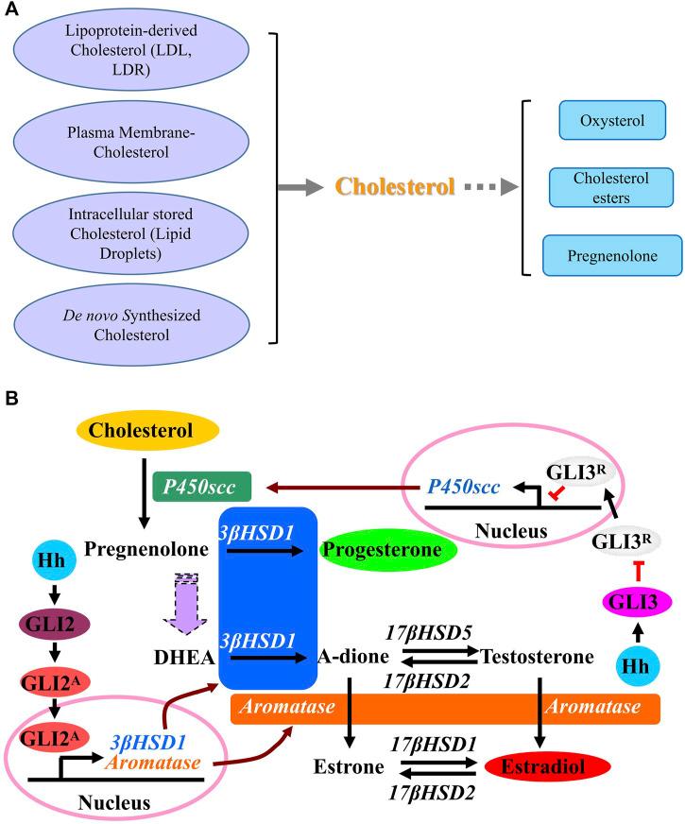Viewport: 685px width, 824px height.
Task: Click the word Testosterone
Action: [537, 655]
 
